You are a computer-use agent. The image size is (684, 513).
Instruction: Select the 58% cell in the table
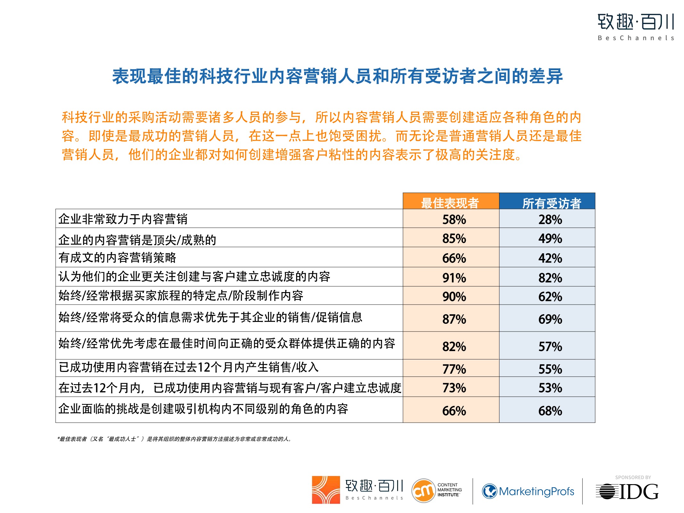(454, 220)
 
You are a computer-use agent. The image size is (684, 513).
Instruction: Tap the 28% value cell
(550, 220)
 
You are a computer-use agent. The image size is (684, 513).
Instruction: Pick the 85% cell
(454, 239)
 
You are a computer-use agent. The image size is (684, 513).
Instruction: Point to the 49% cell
(550, 239)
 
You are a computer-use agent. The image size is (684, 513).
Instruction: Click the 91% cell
(454, 278)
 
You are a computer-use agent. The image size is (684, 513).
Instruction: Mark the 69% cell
(550, 319)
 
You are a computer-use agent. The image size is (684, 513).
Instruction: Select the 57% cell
(550, 347)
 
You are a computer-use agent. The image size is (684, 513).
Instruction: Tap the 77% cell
(454, 369)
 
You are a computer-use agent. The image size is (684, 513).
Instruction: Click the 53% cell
(550, 388)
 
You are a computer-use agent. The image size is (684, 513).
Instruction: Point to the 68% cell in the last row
(550, 411)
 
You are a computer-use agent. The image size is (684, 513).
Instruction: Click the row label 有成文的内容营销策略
(117, 257)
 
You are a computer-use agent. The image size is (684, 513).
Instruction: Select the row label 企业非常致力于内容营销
(123, 219)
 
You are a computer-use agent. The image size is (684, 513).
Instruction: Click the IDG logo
(627, 492)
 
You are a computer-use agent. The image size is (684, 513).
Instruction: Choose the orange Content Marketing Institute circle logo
(423, 491)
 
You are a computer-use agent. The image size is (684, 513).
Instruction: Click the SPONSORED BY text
(633, 477)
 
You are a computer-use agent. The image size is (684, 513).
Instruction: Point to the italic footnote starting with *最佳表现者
(174, 439)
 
